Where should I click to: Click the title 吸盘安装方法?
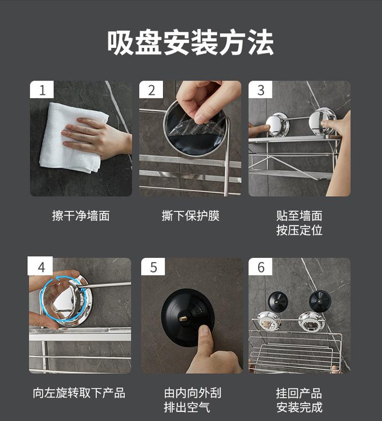click(190, 42)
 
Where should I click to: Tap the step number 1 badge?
click(42, 90)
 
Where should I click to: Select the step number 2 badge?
click(151, 90)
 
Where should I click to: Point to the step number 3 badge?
click(260, 90)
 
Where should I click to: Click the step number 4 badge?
click(40, 266)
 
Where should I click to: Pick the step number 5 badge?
click(153, 267)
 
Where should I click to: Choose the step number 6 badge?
click(260, 267)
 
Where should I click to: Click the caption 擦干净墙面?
click(81, 216)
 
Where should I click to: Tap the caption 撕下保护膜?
click(190, 216)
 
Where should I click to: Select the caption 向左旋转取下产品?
click(79, 393)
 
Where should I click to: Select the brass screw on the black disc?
click(183, 319)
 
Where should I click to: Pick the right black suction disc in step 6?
click(320, 301)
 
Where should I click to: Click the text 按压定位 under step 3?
click(299, 230)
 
